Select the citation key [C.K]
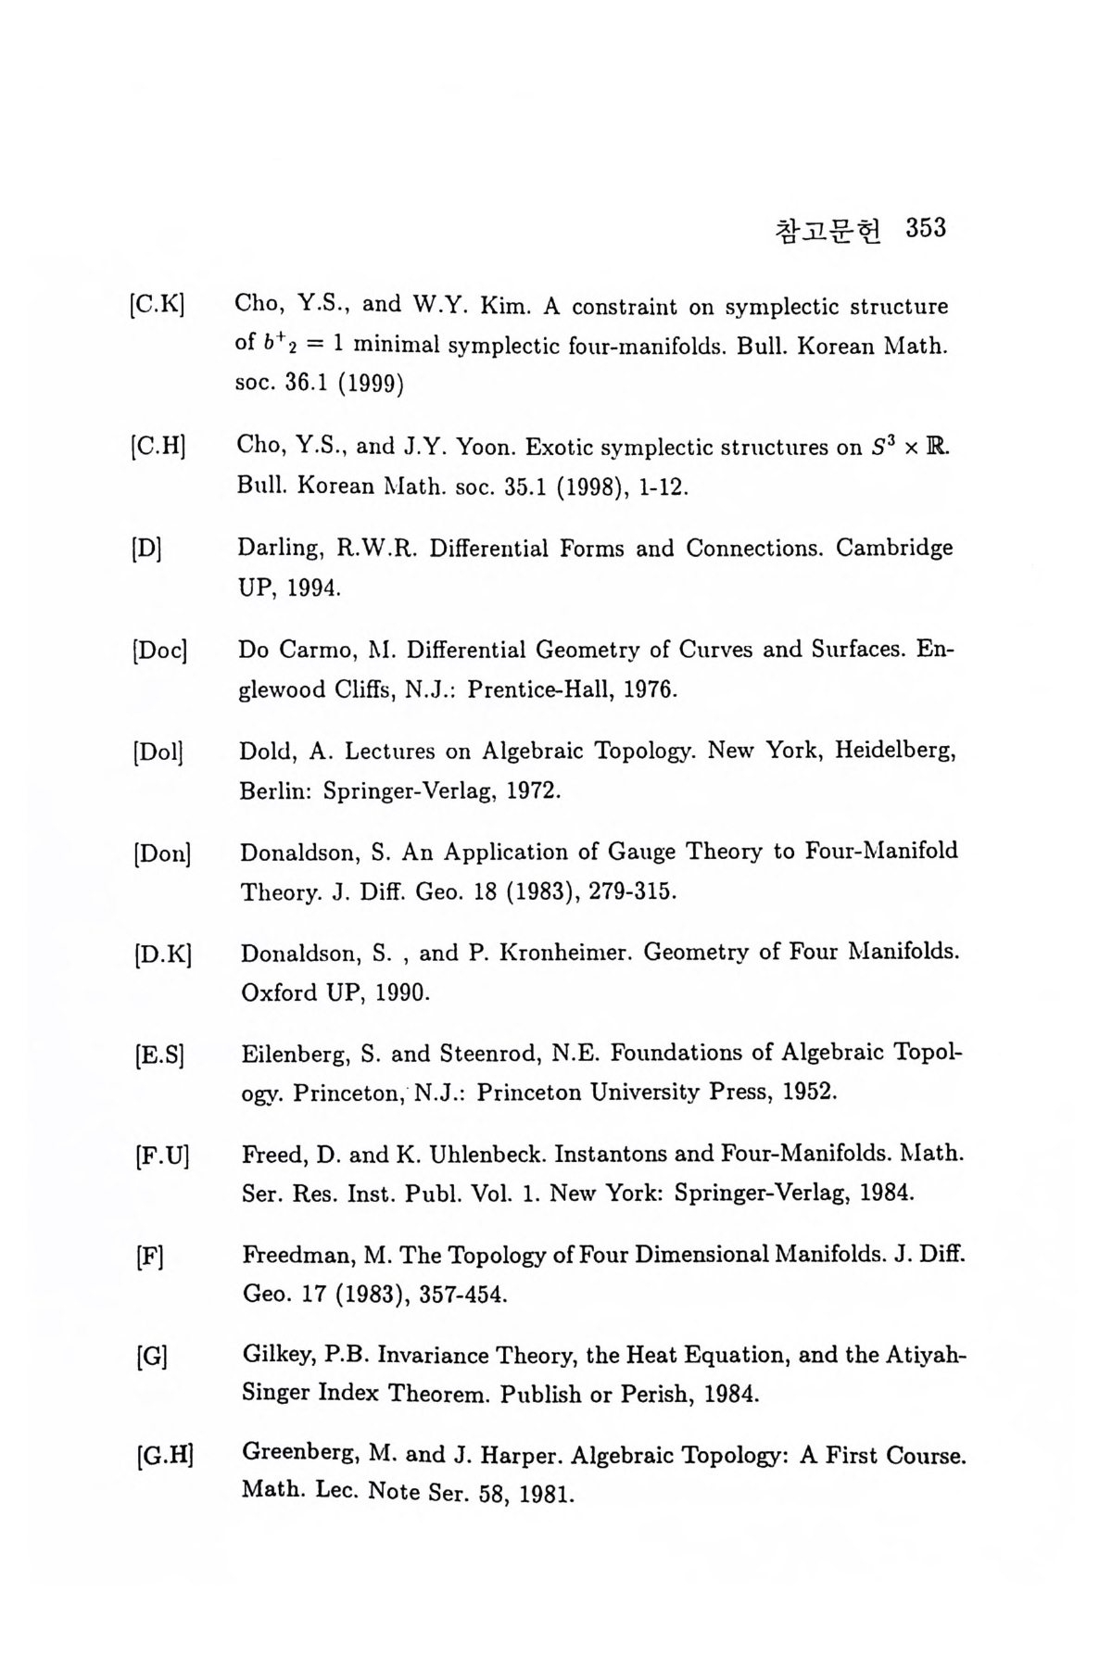(158, 306)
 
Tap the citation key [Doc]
(161, 651)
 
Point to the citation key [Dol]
(159, 752)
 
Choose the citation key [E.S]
(159, 1055)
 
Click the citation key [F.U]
(161, 1156)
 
